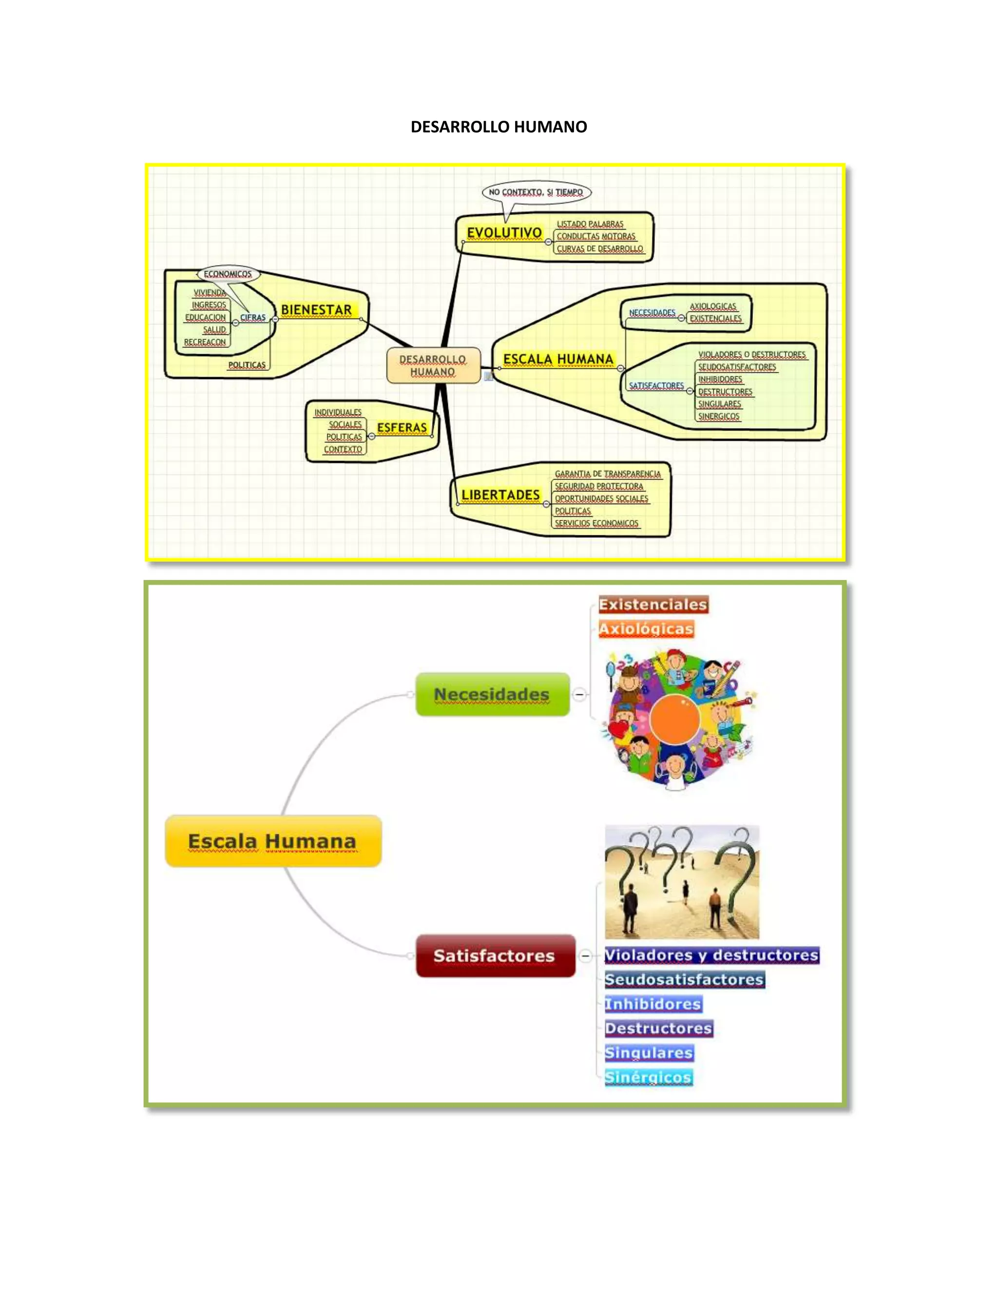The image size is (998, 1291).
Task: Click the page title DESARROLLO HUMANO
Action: tap(499, 127)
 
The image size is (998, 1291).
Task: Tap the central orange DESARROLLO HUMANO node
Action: tap(433, 365)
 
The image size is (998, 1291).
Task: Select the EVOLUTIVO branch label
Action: tap(504, 233)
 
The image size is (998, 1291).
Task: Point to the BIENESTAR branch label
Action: tap(316, 310)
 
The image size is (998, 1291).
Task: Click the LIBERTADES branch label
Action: tap(500, 495)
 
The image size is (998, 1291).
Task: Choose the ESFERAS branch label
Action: tap(402, 427)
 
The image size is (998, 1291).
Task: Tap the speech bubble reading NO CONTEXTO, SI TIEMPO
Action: tap(536, 192)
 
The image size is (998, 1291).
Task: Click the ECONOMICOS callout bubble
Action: tap(228, 274)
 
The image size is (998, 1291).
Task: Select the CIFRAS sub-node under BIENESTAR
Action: tap(253, 318)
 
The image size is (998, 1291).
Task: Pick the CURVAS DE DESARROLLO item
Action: tap(599, 249)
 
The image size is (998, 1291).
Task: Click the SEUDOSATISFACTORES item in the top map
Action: tap(737, 367)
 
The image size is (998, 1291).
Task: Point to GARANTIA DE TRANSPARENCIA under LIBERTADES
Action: tap(608, 474)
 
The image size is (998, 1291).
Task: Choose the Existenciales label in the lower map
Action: tap(653, 605)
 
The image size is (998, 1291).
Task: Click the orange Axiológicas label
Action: tap(646, 629)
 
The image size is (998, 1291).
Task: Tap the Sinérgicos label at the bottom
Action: tap(648, 1078)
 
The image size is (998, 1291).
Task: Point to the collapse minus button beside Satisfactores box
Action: tap(585, 956)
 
